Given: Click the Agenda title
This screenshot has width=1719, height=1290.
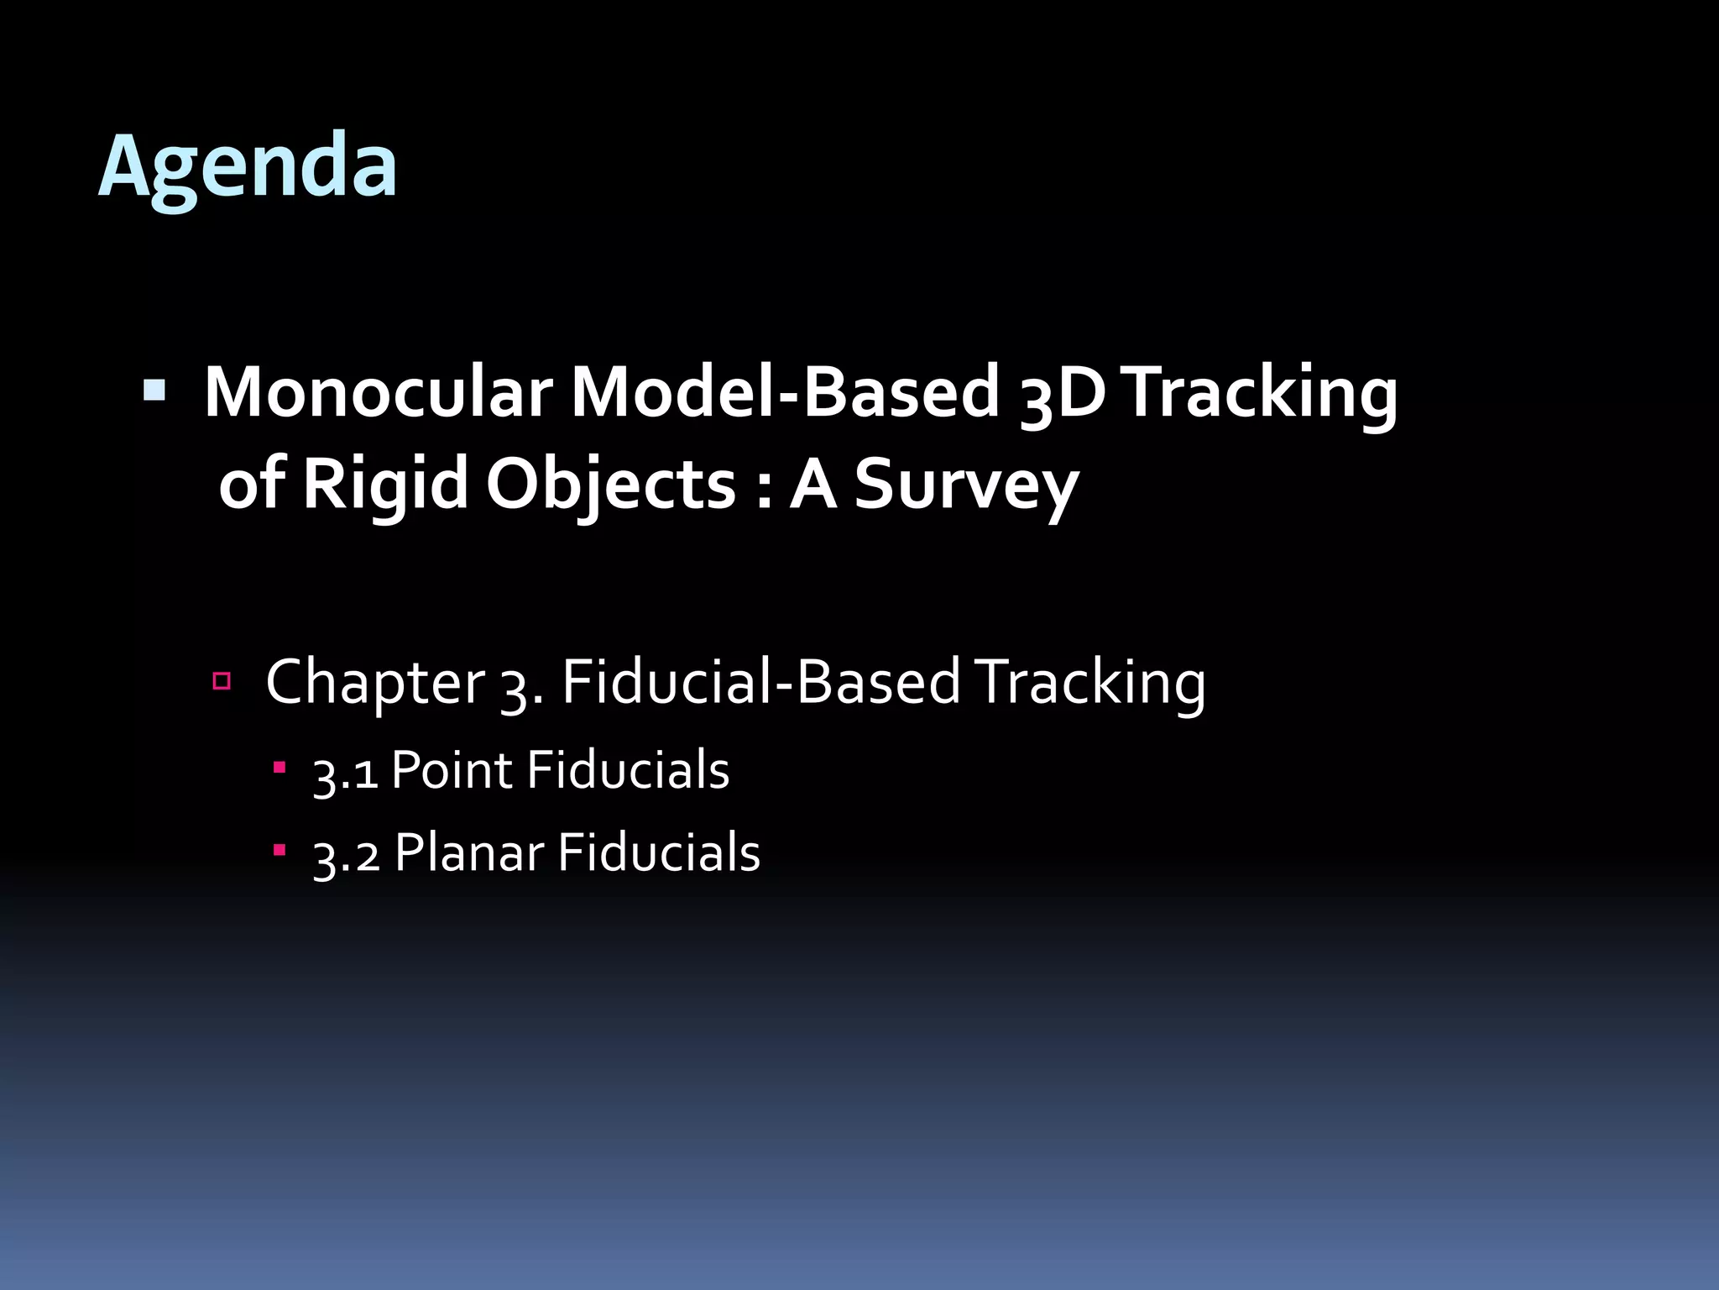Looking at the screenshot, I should (x=248, y=165).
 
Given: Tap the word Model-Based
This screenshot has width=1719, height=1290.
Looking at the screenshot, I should (x=785, y=392).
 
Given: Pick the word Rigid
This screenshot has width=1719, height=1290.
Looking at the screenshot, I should (x=384, y=485).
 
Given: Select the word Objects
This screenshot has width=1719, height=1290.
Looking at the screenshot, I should (x=611, y=485).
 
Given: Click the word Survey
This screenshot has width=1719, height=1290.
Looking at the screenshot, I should (x=965, y=485).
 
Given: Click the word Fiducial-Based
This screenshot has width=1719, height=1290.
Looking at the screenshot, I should (x=760, y=682).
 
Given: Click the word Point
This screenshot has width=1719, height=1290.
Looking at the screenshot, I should (x=451, y=771).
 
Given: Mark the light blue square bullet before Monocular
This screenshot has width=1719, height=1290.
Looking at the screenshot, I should (x=154, y=389).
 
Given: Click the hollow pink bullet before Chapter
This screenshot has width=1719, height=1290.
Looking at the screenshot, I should (x=222, y=680).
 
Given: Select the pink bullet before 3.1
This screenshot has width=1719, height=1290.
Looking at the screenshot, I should (x=280, y=768).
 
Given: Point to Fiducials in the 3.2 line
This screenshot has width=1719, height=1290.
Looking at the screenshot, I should (x=658, y=853).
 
